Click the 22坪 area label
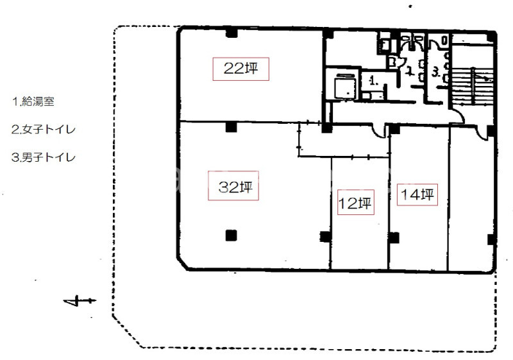[241, 69]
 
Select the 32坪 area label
[233, 185]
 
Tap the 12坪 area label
[355, 202]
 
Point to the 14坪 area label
[417, 194]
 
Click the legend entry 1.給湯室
[33, 102]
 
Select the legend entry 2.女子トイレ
[44, 130]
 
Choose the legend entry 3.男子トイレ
[44, 157]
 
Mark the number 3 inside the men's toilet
[435, 73]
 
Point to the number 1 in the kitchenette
[373, 80]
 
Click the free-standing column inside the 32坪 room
[231, 236]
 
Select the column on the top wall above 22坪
[231, 33]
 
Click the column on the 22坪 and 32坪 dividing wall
[231, 126]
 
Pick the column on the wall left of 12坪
[325, 236]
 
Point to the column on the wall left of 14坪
[394, 237]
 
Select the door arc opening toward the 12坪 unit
[379, 132]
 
